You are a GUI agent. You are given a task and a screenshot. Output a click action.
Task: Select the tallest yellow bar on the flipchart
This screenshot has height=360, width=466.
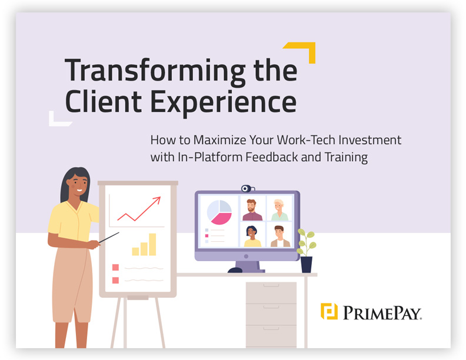point(152,244)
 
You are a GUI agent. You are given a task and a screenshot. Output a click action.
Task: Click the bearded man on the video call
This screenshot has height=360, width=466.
point(252,209)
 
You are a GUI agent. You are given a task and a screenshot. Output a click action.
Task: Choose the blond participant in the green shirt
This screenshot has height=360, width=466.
point(279,209)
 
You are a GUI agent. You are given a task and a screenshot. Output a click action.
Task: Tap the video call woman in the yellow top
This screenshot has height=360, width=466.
point(252,236)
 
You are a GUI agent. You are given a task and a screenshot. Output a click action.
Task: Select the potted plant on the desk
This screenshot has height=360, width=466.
point(306,250)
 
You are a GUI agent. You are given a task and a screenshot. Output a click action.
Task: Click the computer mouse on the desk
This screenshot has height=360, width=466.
point(235,271)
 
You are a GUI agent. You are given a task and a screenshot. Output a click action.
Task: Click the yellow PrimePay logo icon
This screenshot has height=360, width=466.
point(329,311)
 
